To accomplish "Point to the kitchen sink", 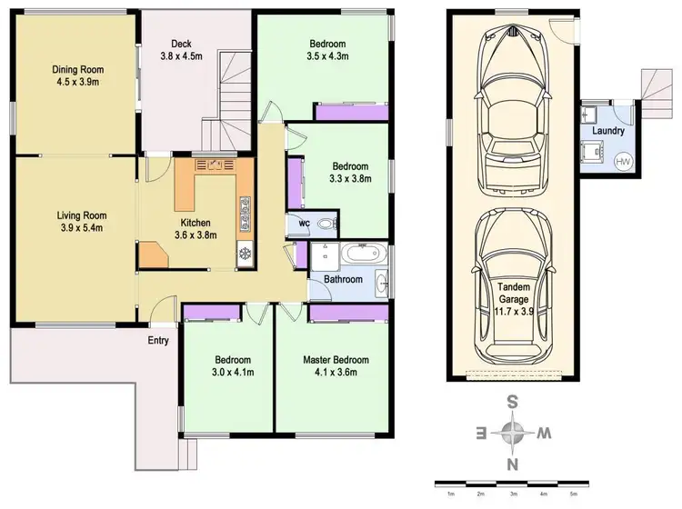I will [215, 165].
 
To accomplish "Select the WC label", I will [303, 223].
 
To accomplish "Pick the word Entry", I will [159, 341].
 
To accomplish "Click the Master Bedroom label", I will [336, 359].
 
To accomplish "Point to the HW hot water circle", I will [623, 162].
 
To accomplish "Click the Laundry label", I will [607, 131].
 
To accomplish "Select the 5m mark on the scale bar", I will [572, 494].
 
